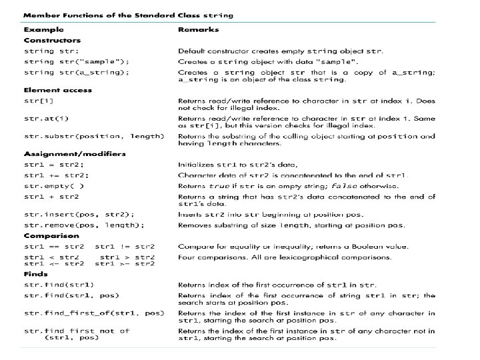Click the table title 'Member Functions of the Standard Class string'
(x=129, y=14)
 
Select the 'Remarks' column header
(x=198, y=30)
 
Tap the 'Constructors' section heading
(x=53, y=40)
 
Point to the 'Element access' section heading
(x=58, y=90)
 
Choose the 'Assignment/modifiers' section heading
(x=75, y=154)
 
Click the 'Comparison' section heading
(x=51, y=235)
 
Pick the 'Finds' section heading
(x=36, y=274)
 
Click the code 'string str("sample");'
(x=77, y=61)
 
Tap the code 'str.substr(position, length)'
(x=94, y=136)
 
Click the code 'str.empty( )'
(x=55, y=186)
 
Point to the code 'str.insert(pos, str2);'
(x=79, y=214)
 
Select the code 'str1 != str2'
(x=125, y=247)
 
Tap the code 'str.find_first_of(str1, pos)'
(x=94, y=313)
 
